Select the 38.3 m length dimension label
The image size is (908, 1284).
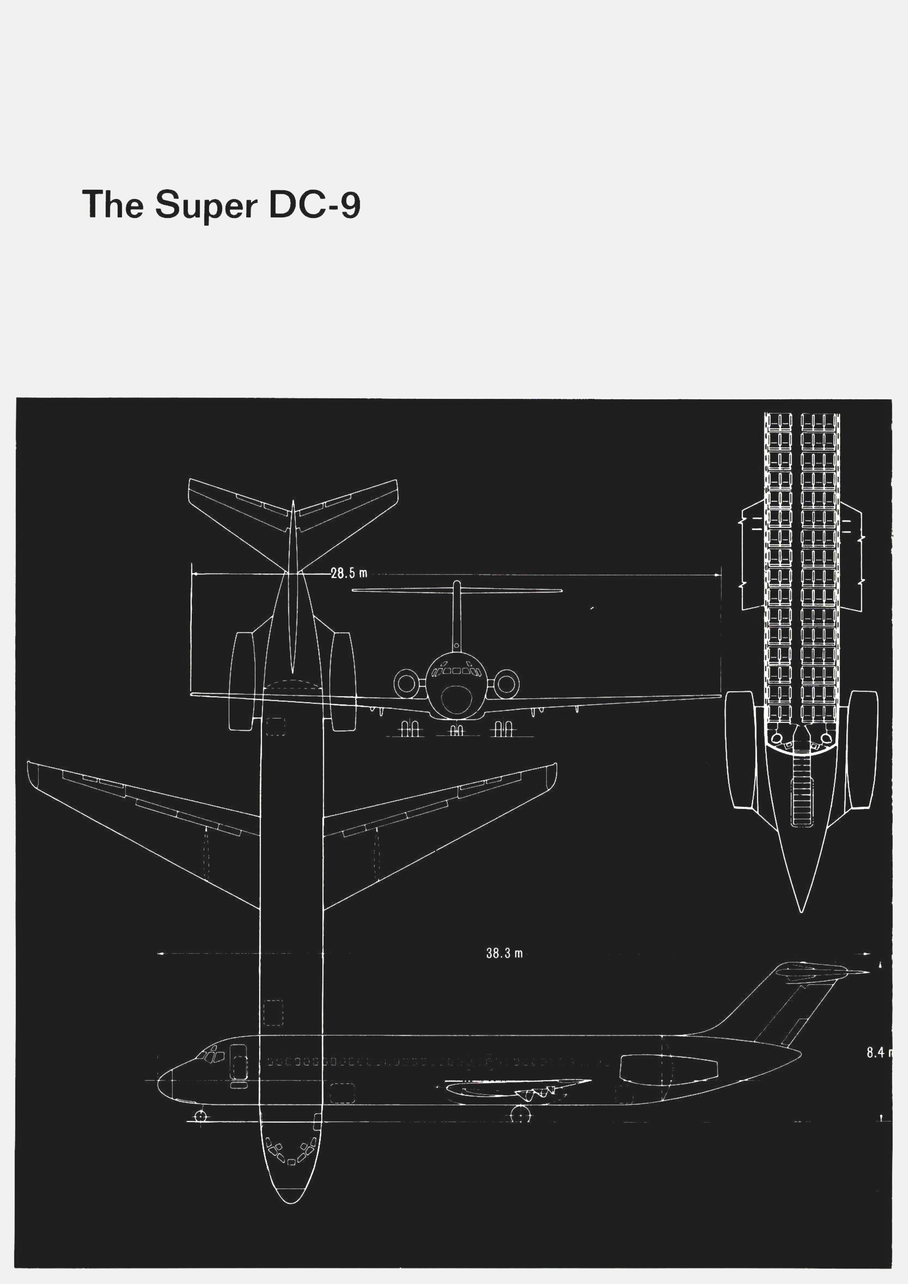504,953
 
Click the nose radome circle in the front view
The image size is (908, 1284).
457,699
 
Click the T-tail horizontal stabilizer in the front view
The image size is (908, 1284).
457,590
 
